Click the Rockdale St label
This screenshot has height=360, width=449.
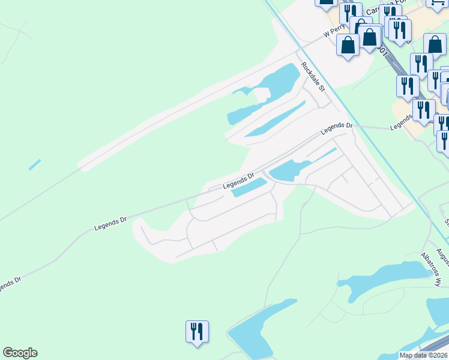pyautogui.click(x=313, y=77)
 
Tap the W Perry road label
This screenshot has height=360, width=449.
pyautogui.click(x=336, y=31)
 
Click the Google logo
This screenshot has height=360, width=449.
pyautogui.click(x=20, y=353)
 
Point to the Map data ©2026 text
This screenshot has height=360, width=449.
pyautogui.click(x=424, y=355)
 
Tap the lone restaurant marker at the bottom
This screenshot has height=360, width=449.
pyautogui.click(x=197, y=331)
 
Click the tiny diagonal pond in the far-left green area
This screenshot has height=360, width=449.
pyautogui.click(x=35, y=164)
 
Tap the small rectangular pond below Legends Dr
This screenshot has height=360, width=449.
pyautogui.click(x=249, y=188)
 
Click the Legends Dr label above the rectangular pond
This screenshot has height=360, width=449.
pyautogui.click(x=238, y=181)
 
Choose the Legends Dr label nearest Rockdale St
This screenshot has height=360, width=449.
pyautogui.click(x=336, y=127)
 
